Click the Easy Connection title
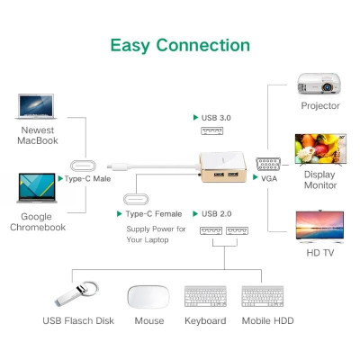[x=179, y=45]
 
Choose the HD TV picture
[x=320, y=224]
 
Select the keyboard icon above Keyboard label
[x=205, y=297]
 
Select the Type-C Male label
[x=91, y=179]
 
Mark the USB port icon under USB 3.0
[x=212, y=132]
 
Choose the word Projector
[x=320, y=106]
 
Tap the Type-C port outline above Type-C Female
[x=140, y=199]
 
